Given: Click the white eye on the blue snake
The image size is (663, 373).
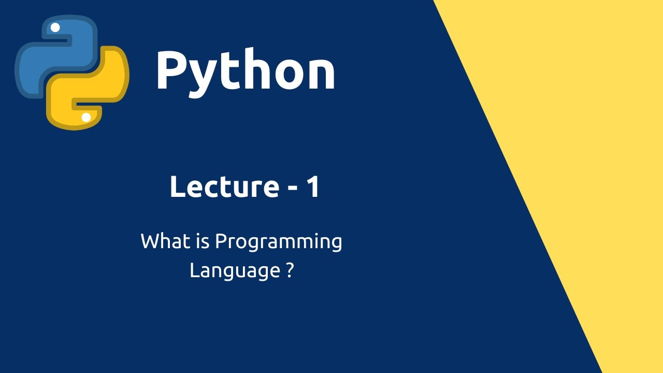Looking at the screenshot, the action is (55, 27).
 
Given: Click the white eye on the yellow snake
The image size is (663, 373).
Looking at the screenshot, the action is (86, 118).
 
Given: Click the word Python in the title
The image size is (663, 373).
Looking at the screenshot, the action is (246, 73).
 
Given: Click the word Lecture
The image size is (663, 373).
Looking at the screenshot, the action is (225, 187).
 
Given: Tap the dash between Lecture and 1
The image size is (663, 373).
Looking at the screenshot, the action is (293, 188).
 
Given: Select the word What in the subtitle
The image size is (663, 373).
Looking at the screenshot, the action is (166, 241).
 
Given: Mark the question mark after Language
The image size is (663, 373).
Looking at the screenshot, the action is (290, 269).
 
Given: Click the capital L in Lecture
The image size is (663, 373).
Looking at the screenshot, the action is (177, 187).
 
